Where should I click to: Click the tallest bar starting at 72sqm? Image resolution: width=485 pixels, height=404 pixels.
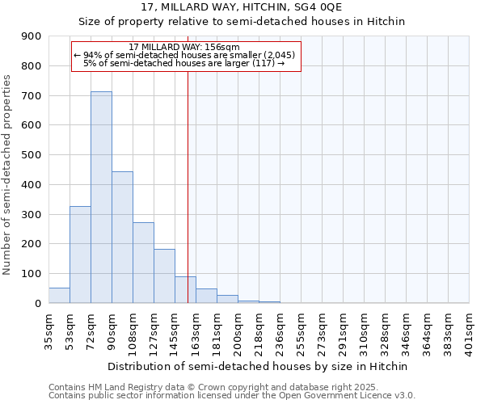[x=101, y=197]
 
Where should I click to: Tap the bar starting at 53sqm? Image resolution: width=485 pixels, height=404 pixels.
[x=80, y=255]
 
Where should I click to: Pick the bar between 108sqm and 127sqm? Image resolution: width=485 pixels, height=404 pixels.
[x=143, y=263]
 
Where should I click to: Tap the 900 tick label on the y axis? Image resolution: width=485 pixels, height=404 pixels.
[x=32, y=36]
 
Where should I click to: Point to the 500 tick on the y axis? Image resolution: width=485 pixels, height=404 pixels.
[x=32, y=155]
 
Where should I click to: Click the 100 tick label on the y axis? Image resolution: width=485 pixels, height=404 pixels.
[x=32, y=274]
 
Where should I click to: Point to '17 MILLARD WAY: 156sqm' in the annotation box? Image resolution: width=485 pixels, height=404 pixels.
[x=184, y=47]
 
